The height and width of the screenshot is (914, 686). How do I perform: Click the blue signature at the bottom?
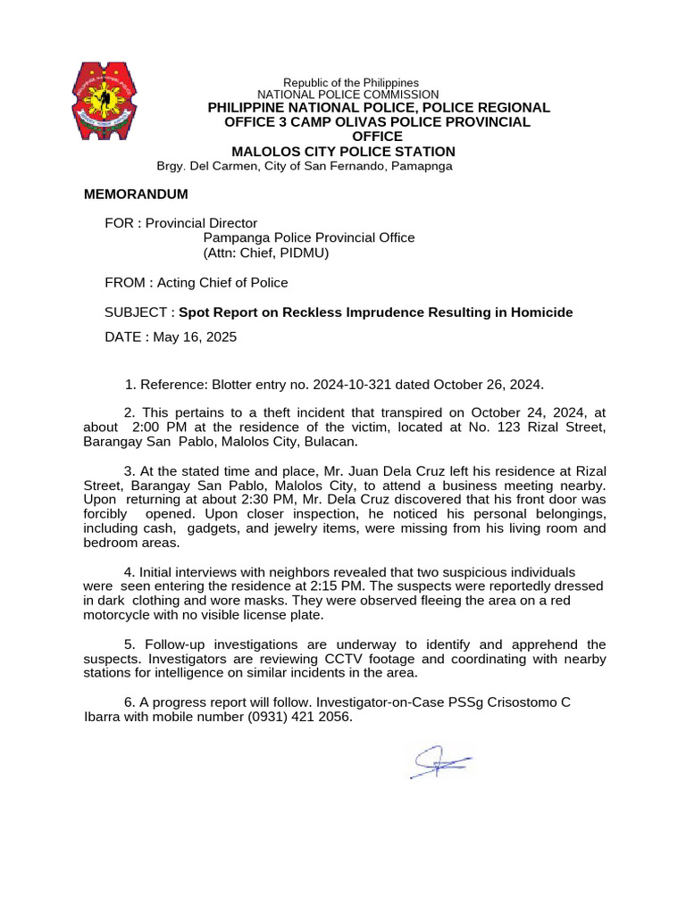(x=441, y=761)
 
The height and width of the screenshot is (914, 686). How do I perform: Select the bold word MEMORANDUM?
(x=136, y=195)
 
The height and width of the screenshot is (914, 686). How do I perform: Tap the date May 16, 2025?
(x=195, y=337)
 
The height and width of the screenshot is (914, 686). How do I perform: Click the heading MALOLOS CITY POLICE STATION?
(x=343, y=152)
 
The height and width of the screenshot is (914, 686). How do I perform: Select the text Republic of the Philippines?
(x=351, y=83)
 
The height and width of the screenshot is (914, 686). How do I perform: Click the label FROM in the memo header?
(x=124, y=283)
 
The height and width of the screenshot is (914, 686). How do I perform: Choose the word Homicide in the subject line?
(x=541, y=312)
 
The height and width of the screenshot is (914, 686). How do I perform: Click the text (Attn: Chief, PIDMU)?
(x=266, y=253)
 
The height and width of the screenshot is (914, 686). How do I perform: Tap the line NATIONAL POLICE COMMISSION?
(x=347, y=95)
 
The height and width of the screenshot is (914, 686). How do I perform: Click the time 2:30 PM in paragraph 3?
(x=249, y=500)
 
